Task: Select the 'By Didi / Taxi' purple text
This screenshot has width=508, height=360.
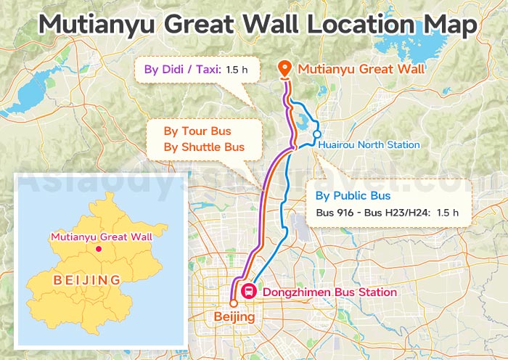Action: click(181, 70)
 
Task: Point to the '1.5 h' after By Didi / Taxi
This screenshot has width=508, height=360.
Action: click(237, 70)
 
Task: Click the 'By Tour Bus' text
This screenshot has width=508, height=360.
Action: click(197, 131)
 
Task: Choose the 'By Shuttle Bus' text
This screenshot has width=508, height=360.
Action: click(204, 147)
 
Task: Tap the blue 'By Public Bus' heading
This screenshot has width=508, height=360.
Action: click(353, 196)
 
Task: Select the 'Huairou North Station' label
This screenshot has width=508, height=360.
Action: click(369, 144)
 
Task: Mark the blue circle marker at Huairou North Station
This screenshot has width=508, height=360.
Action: click(317, 134)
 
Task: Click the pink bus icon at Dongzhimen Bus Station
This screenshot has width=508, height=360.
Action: click(248, 292)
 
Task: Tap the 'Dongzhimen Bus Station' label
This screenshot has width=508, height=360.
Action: click(329, 292)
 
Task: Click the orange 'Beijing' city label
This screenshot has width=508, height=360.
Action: click(234, 317)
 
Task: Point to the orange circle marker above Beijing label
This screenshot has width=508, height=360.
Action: click(234, 303)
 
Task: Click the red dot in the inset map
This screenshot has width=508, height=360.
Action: click(99, 250)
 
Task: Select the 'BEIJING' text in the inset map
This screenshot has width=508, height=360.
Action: click(86, 279)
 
